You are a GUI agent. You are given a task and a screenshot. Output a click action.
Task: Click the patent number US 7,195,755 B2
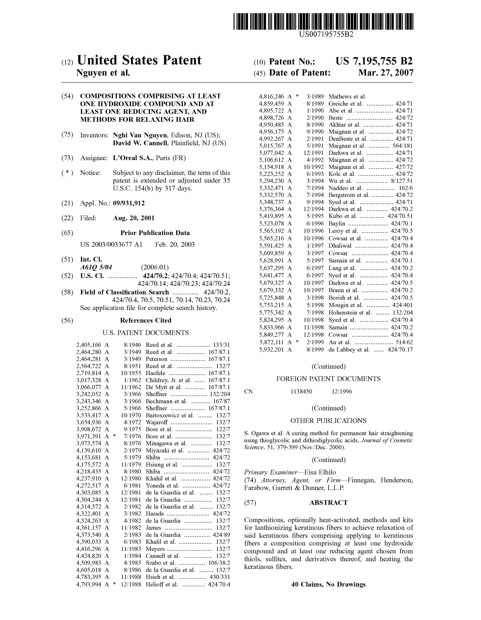pos(374,61)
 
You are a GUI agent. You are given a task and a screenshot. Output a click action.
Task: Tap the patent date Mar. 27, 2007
pos(386,73)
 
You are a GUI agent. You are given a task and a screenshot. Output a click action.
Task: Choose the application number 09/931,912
pos(129,203)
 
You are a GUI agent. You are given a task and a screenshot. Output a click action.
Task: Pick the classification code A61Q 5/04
pos(96,267)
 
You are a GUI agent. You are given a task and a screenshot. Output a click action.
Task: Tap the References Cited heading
pos(146,321)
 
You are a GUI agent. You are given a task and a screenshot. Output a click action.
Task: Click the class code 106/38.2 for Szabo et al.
pos(219,563)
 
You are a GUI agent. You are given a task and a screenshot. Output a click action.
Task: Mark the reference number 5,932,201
pos(272,350)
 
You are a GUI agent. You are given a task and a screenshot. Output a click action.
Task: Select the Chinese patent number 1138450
pos(301,392)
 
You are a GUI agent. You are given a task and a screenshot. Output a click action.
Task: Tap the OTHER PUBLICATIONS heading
pos(328,421)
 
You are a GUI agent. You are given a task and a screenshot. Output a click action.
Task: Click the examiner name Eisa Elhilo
pos(320,472)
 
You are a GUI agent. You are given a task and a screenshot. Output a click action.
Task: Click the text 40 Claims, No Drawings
pos(328,584)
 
